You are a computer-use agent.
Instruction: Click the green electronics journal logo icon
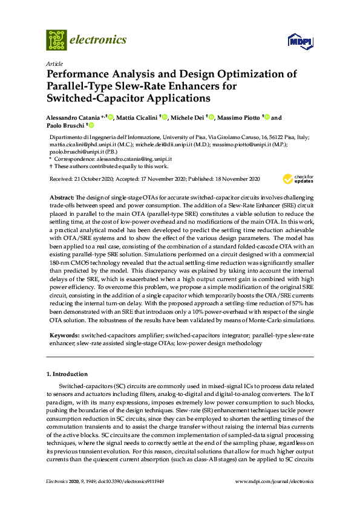(56, 40)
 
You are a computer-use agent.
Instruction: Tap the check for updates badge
(298, 178)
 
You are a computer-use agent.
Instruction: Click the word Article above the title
(53, 63)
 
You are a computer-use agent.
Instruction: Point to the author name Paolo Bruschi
(67, 126)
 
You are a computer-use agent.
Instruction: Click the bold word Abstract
(61, 198)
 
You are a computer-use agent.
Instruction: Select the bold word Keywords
(63, 335)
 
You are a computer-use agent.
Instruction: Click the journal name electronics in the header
(99, 40)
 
